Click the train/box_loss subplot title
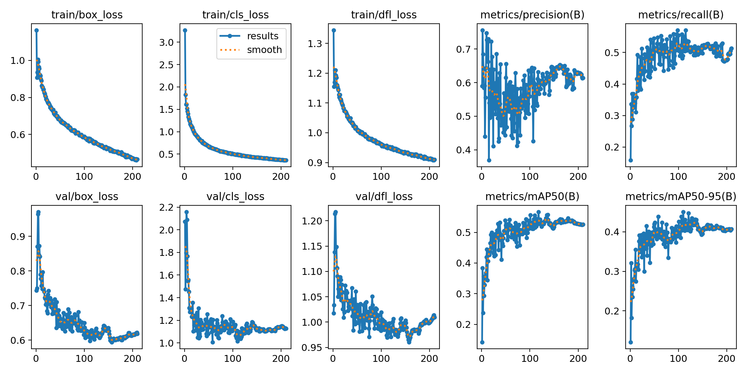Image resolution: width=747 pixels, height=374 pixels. [87, 15]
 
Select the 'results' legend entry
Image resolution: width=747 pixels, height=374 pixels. [262, 36]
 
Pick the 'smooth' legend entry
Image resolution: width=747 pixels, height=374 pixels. [264, 50]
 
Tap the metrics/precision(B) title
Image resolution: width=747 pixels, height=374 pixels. [532, 15]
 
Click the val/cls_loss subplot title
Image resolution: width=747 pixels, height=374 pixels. [235, 197]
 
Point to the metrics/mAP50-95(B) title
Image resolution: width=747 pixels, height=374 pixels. [681, 197]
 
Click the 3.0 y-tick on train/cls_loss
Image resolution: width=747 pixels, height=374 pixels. [167, 42]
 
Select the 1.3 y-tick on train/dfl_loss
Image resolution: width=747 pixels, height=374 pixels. [315, 44]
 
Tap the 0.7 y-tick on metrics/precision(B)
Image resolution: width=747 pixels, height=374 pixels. [464, 49]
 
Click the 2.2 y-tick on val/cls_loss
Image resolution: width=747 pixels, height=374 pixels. [167, 207]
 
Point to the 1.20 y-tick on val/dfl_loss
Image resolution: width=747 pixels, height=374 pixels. [312, 221]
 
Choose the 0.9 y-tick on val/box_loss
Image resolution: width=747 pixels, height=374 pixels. [18, 237]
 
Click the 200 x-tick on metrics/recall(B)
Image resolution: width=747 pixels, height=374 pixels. [726, 177]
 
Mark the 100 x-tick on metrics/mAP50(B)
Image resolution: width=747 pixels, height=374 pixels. [530, 358]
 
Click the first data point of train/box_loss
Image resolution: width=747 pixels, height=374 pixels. [36, 30]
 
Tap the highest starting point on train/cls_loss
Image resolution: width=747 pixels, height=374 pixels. [185, 30]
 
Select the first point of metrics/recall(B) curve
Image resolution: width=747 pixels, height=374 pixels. [631, 160]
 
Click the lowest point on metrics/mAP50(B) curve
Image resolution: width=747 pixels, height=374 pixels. [482, 342]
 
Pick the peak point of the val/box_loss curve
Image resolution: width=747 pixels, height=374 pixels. [38, 212]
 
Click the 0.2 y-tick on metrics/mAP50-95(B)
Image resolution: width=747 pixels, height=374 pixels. [612, 311]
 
